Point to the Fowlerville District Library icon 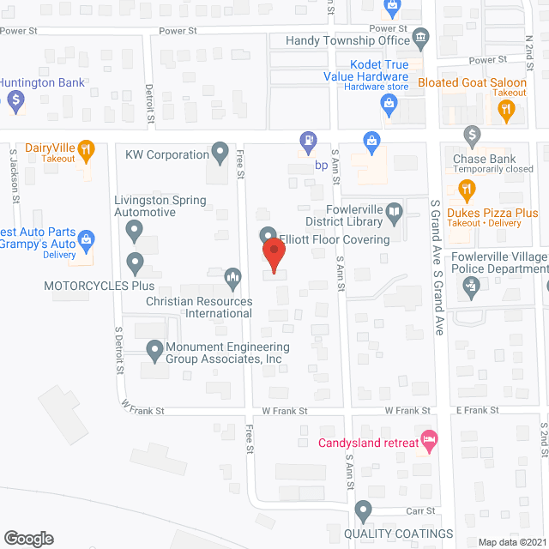394,211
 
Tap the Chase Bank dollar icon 471,135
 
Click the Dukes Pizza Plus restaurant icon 468,189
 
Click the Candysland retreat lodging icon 431,441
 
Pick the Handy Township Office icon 420,37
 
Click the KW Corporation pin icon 220,154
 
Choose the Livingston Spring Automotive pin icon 135,230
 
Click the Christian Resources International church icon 232,278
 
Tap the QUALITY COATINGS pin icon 363,511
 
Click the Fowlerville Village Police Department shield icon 469,290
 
